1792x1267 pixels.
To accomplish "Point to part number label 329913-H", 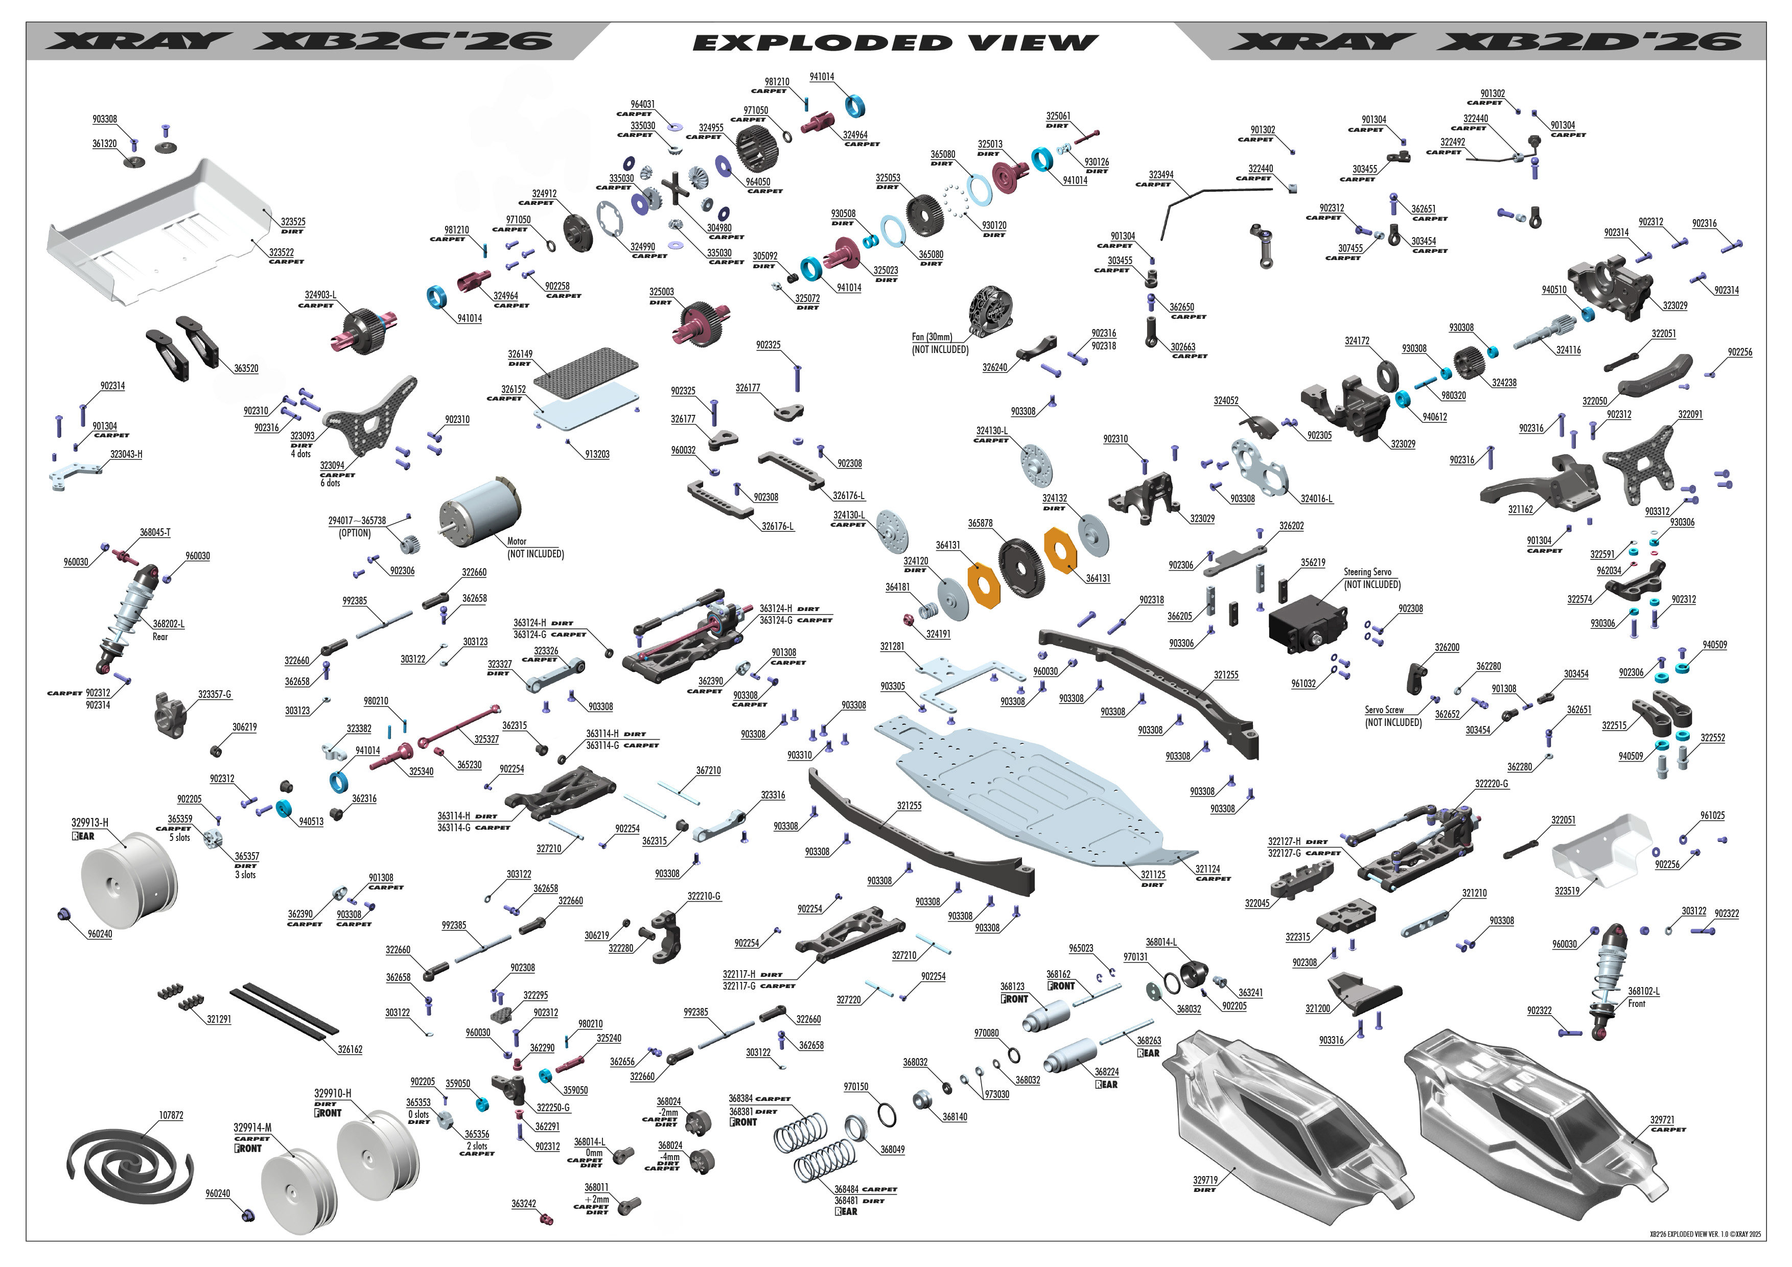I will [90, 823].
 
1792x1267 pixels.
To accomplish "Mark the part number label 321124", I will [1207, 869].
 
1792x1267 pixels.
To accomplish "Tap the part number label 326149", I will [520, 354].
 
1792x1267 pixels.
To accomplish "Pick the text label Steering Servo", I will [1367, 572].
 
